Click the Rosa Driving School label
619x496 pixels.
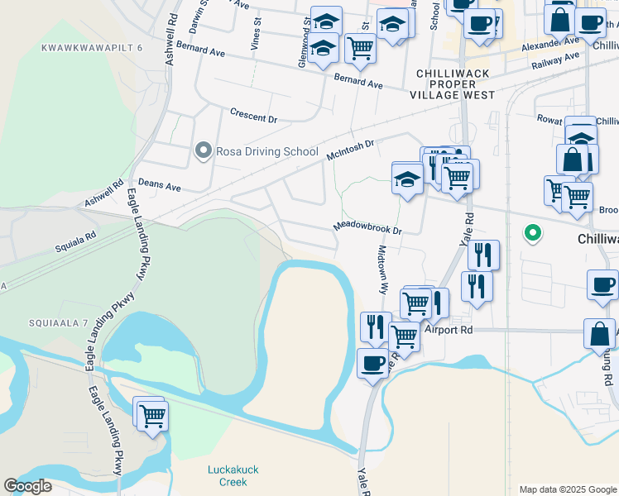266,151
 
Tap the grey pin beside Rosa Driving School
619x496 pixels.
203,151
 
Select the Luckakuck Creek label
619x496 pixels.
233,475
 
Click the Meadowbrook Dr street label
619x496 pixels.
367,227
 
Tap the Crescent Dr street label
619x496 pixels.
252,115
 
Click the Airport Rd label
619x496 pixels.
448,329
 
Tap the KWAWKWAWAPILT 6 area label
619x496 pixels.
92,48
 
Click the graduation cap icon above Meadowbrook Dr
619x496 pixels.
407,179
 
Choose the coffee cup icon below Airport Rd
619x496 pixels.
372,362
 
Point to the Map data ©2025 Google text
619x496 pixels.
568,489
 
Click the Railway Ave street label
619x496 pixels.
555,63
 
